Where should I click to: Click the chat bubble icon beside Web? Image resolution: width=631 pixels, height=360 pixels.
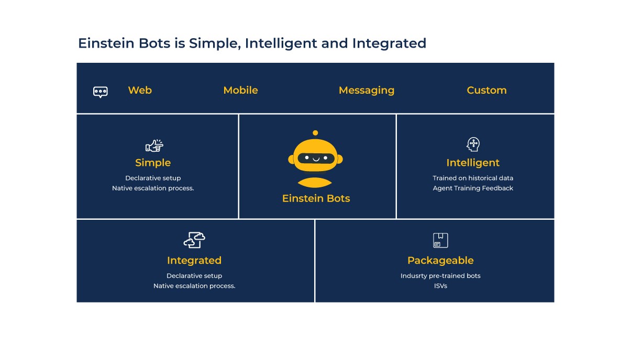point(100,92)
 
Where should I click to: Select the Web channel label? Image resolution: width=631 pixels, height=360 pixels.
point(140,90)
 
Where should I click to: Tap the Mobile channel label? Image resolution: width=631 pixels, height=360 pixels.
point(240,90)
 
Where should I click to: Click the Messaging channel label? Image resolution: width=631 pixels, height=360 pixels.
point(366,90)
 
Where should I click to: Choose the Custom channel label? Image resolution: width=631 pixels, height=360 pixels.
point(486,90)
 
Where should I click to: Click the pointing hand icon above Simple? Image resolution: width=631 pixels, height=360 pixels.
point(154,145)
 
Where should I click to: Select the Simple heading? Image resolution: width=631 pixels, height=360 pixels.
point(153,162)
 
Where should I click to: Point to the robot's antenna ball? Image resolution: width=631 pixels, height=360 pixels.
point(315,133)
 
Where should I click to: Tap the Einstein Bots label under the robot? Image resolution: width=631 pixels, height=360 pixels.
point(316,198)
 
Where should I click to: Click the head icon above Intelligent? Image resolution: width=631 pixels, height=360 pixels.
point(473,144)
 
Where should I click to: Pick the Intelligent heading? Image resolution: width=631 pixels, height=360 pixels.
point(473,162)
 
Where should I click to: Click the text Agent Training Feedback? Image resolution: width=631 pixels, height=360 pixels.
point(473,188)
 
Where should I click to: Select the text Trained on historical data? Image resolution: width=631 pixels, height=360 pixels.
point(473,178)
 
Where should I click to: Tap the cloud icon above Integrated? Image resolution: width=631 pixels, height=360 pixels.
point(194,240)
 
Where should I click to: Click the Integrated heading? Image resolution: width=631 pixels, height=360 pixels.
point(194,260)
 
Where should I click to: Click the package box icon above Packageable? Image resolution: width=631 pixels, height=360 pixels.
point(440,240)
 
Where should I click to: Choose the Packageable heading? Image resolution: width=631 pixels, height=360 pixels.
point(440,260)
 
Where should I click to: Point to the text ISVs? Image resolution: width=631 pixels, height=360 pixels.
point(440,286)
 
